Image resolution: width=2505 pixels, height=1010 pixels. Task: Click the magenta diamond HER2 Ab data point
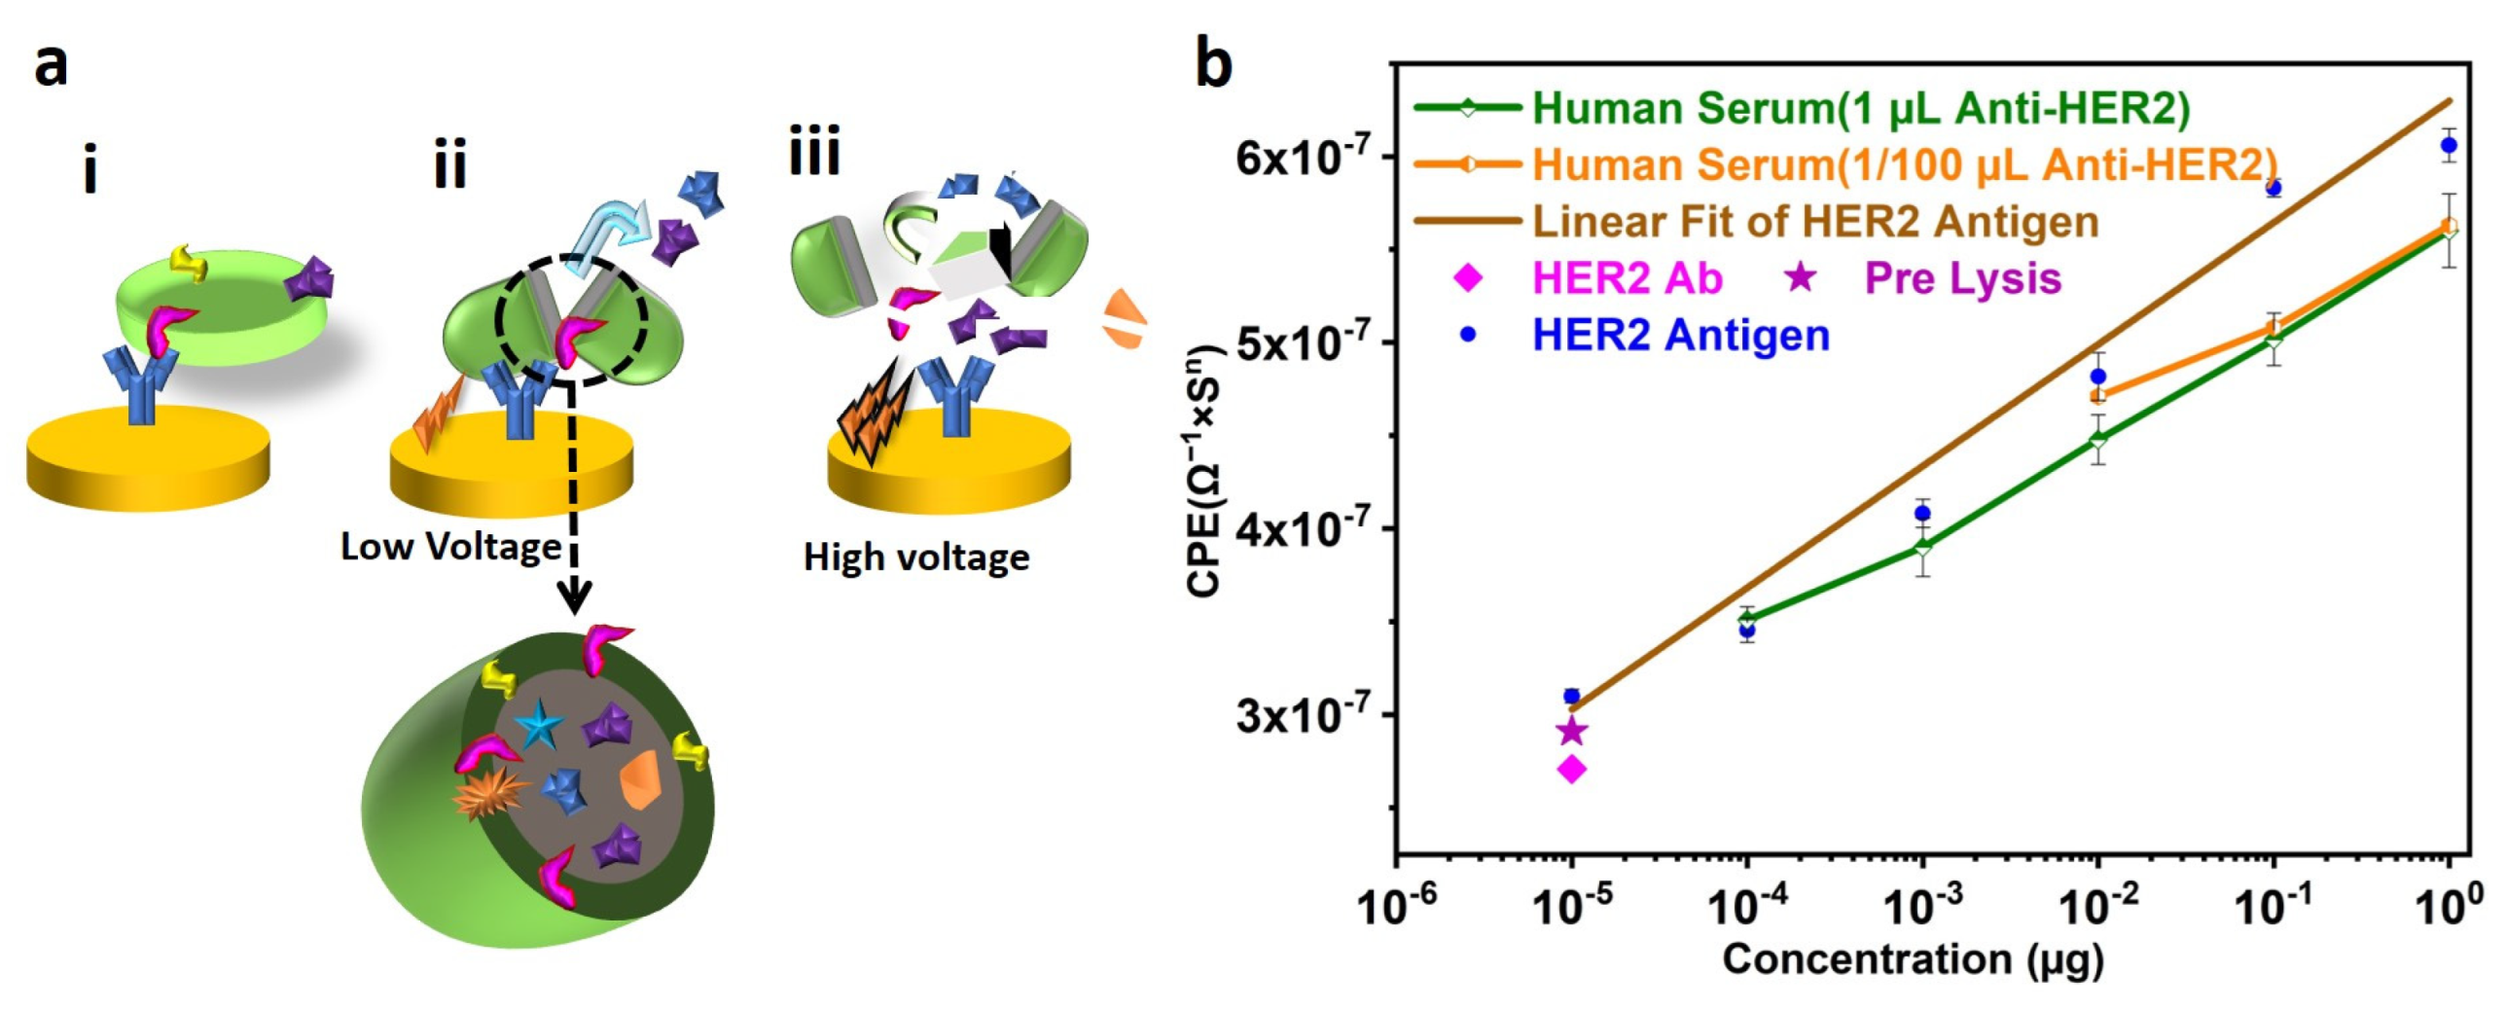pyautogui.click(x=1572, y=769)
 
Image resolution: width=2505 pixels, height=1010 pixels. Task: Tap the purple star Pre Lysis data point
pyautogui.click(x=1572, y=731)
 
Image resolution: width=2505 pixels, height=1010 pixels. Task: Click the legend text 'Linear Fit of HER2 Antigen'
pyautogui.click(x=1815, y=222)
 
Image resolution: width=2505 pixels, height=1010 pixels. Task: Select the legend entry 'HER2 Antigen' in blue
pyautogui.click(x=1680, y=335)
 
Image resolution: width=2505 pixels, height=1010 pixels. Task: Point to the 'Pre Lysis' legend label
pyautogui.click(x=1962, y=278)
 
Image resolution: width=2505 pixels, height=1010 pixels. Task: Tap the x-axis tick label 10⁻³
pyautogui.click(x=1922, y=906)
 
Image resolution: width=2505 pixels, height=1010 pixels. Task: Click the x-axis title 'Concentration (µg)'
pyautogui.click(x=1913, y=959)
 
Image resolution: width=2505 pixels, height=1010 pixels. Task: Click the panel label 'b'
pyautogui.click(x=1213, y=64)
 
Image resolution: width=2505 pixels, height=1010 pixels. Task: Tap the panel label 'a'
pyautogui.click(x=51, y=66)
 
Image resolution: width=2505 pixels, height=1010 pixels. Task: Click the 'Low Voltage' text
pyautogui.click(x=450, y=547)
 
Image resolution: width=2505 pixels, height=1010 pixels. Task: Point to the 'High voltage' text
pyautogui.click(x=915, y=558)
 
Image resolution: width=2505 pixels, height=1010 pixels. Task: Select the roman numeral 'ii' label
pyautogui.click(x=449, y=165)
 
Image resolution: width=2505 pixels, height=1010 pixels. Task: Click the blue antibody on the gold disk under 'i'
pyautogui.click(x=141, y=384)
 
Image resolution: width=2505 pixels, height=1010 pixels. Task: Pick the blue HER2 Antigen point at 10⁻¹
pyautogui.click(x=2273, y=188)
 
